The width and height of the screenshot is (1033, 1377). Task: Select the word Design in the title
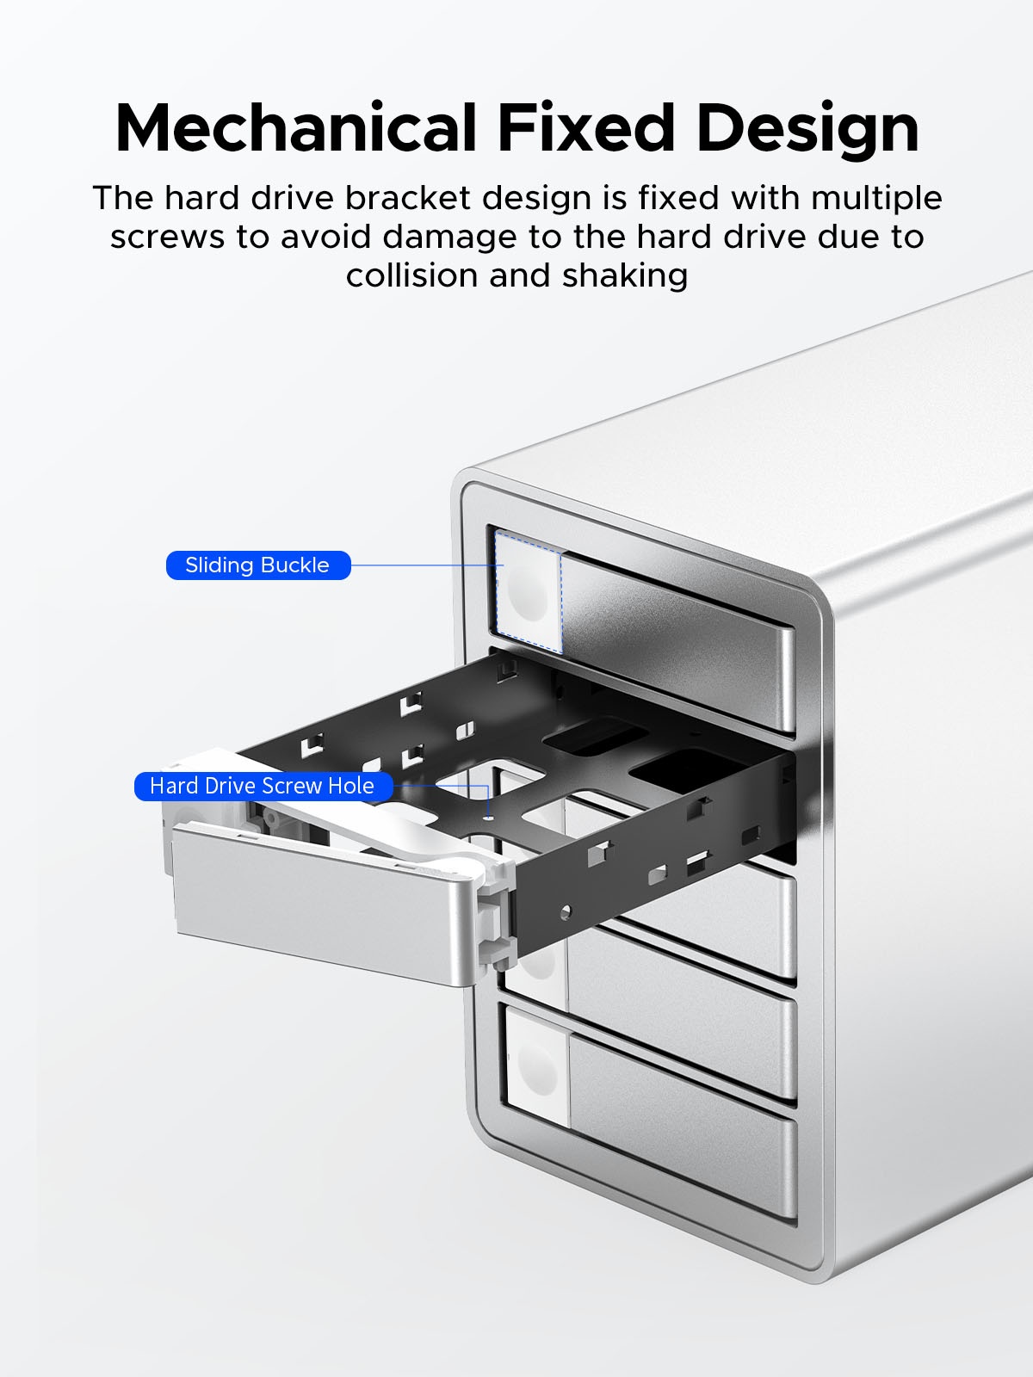tap(807, 128)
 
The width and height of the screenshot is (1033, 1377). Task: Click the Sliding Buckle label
tap(257, 565)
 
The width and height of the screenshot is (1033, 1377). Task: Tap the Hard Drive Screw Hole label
tap(263, 786)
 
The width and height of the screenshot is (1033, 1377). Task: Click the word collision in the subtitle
tap(411, 276)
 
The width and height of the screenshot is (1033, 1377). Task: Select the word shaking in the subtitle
tap(625, 276)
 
